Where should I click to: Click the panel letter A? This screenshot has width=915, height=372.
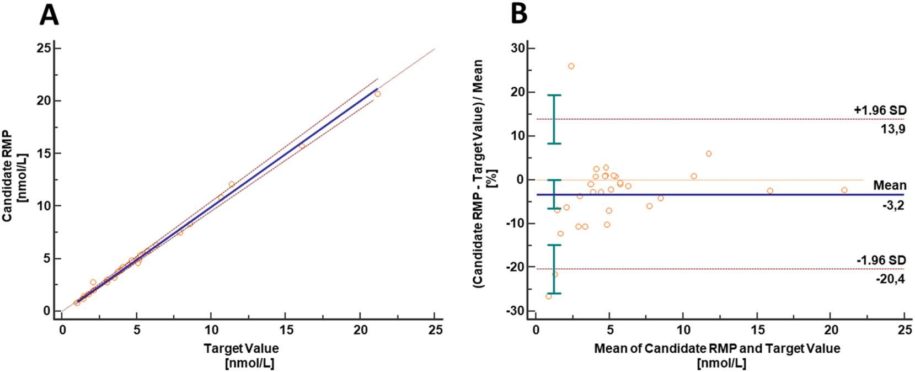tap(49, 15)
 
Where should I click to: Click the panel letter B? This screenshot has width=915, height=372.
tap(519, 14)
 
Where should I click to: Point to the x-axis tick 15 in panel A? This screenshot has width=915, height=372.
tap(285, 330)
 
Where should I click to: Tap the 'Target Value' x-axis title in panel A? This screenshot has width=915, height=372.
tap(241, 349)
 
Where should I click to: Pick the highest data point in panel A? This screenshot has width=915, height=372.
tap(377, 94)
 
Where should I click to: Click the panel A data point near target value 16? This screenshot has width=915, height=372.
tap(302, 146)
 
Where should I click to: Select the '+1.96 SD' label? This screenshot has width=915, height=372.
tap(880, 110)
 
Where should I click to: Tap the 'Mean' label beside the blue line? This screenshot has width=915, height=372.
tap(889, 185)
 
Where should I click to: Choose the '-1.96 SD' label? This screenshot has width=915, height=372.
tap(881, 260)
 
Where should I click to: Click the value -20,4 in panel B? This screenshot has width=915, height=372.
tap(890, 279)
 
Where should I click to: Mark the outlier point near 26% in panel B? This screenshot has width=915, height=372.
tap(571, 66)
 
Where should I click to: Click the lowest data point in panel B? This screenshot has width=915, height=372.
tap(548, 296)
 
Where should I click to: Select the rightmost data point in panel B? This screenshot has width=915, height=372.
tap(844, 190)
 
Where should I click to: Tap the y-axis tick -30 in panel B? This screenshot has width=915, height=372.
tap(516, 311)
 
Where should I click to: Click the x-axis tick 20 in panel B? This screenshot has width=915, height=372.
tap(830, 330)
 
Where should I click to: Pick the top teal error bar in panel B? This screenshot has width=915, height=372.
tap(554, 119)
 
